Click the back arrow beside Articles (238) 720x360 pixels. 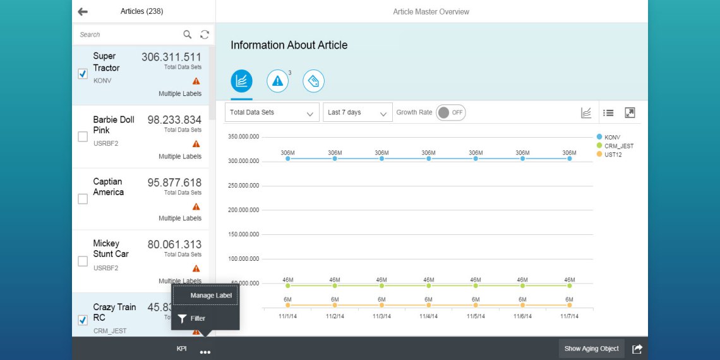click(x=83, y=11)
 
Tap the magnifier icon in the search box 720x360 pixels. click(x=188, y=35)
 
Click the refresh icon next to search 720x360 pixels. click(x=205, y=35)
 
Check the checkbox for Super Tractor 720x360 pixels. click(x=83, y=74)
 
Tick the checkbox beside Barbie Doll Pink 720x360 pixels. click(x=83, y=136)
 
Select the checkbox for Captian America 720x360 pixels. click(x=83, y=199)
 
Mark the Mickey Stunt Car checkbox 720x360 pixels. click(x=83, y=261)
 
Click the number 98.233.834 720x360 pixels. click(x=174, y=120)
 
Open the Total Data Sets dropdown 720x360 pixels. click(x=272, y=112)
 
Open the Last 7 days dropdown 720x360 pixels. click(x=357, y=112)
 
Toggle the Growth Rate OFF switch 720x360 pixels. click(x=450, y=112)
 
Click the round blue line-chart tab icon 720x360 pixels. click(x=241, y=81)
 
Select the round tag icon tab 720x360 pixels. click(x=313, y=81)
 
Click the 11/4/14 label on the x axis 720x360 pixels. click(x=428, y=316)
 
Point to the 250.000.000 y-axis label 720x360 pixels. click(x=243, y=186)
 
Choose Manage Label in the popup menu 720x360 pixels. click(x=211, y=295)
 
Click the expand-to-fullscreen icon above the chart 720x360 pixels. click(x=630, y=112)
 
